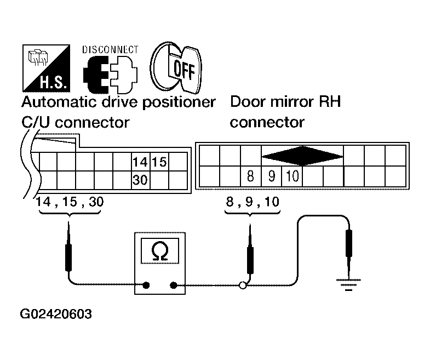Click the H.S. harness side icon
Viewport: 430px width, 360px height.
(x=46, y=68)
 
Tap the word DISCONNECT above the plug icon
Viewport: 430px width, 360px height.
(x=110, y=49)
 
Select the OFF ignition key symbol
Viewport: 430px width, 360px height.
(x=176, y=67)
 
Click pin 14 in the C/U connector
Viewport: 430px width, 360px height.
(x=140, y=162)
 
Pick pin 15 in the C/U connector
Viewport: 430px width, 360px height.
(x=159, y=162)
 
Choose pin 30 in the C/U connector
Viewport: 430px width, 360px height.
(x=140, y=180)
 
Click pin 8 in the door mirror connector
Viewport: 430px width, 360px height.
(x=250, y=176)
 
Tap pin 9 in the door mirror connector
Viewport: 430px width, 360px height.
(x=272, y=176)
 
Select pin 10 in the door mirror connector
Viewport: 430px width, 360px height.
(x=292, y=176)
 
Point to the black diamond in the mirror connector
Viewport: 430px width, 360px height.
(x=302, y=156)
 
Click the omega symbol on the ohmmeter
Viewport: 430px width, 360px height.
(x=159, y=251)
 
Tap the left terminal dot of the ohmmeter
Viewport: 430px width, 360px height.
(x=146, y=285)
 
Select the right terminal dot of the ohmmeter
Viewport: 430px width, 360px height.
(x=173, y=285)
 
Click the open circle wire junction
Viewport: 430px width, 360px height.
(x=243, y=285)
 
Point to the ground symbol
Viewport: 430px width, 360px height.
(x=348, y=284)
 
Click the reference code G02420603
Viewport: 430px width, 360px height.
(x=56, y=314)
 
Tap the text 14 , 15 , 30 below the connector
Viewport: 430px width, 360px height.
(x=70, y=202)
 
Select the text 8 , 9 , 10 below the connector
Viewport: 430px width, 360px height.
(x=253, y=202)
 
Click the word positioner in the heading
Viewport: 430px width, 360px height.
(x=179, y=102)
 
